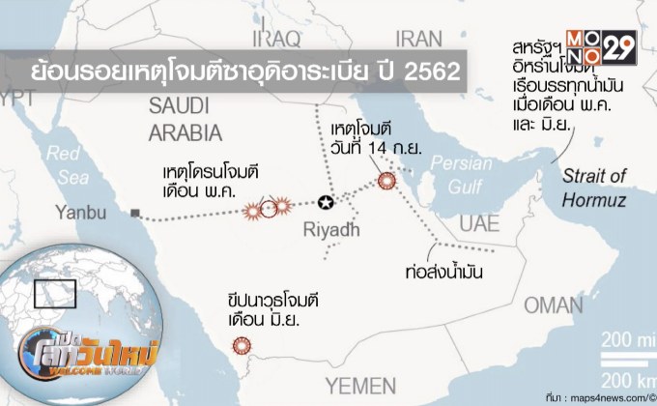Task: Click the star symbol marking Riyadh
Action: (x=326, y=203)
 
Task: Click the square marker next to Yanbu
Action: (x=137, y=211)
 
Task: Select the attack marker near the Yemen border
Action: (x=241, y=345)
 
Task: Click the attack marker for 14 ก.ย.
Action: (x=386, y=180)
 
